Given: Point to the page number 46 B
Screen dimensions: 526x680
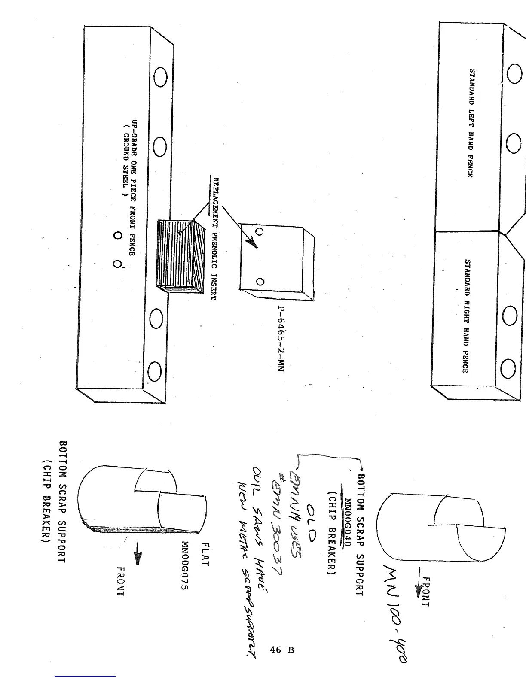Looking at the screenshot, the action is click(281, 650).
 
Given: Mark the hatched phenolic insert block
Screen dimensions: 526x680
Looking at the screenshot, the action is click(178, 256).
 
